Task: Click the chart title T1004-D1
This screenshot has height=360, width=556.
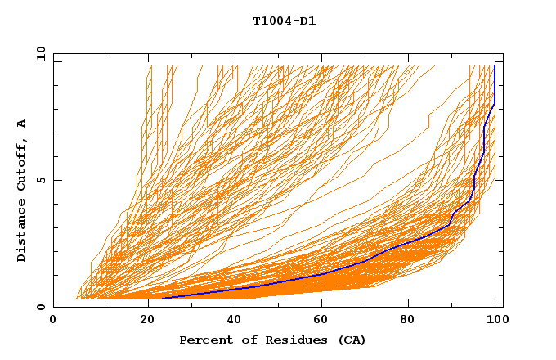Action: coord(284,20)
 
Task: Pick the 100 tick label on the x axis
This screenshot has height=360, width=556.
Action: coord(496,320)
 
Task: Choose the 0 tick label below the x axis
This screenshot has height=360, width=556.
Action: coord(54,320)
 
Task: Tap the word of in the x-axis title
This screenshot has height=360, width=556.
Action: coord(244,340)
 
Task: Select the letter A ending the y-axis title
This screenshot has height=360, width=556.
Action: coord(22,124)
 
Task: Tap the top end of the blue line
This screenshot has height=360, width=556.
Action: coord(495,66)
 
